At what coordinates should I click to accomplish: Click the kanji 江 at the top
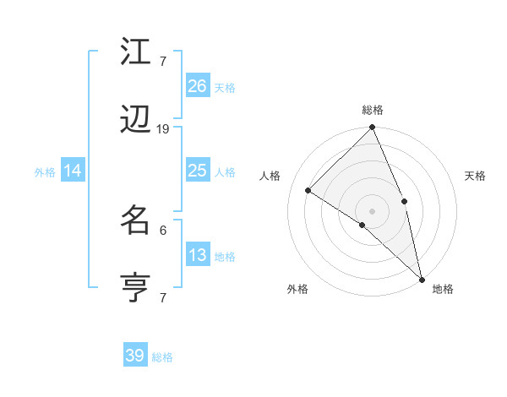click(136, 52)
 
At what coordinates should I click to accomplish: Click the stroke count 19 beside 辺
click(163, 129)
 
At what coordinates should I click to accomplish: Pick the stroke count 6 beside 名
click(163, 229)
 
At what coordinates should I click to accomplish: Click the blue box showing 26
click(198, 86)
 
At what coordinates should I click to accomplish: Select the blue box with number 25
click(198, 171)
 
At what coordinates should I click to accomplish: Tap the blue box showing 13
click(198, 255)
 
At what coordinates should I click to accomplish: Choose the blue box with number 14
click(73, 171)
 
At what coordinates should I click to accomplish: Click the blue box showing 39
click(135, 356)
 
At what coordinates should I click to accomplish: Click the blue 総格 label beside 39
click(162, 357)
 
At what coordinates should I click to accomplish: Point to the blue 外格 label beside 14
click(45, 172)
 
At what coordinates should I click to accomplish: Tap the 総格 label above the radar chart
click(373, 110)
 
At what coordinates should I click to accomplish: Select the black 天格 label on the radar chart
click(476, 176)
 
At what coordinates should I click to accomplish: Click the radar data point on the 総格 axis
click(373, 128)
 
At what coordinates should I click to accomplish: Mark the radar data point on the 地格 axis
click(422, 278)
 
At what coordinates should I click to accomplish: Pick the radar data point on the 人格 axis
click(308, 190)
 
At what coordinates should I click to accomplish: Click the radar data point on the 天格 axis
click(404, 201)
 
